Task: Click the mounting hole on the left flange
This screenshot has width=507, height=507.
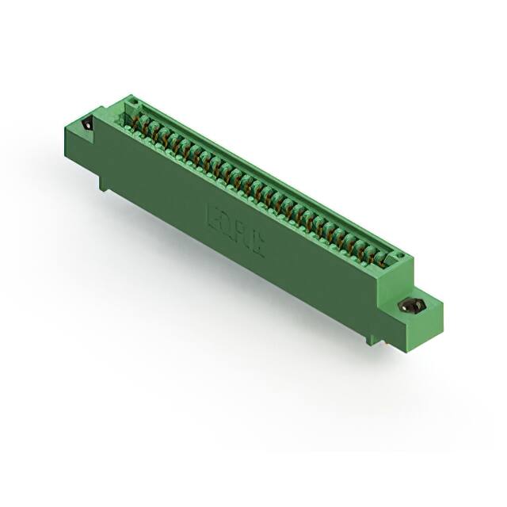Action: click(86, 125)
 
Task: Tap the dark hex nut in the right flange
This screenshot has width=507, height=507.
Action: click(412, 306)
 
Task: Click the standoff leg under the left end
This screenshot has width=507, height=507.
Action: click(104, 182)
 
